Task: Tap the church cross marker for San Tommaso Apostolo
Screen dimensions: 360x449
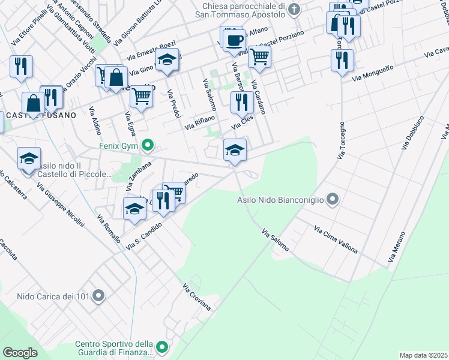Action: [294, 8]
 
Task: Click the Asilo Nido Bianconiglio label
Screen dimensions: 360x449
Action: [280, 200]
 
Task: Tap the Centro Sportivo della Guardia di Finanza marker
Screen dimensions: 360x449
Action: [162, 347]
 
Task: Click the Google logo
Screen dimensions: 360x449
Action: [20, 352]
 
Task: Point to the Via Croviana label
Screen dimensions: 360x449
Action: [197, 296]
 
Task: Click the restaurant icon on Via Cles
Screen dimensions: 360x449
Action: [242, 102]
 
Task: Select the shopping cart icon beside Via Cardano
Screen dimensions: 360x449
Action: [260, 58]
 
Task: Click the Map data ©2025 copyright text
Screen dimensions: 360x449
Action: [423, 355]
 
